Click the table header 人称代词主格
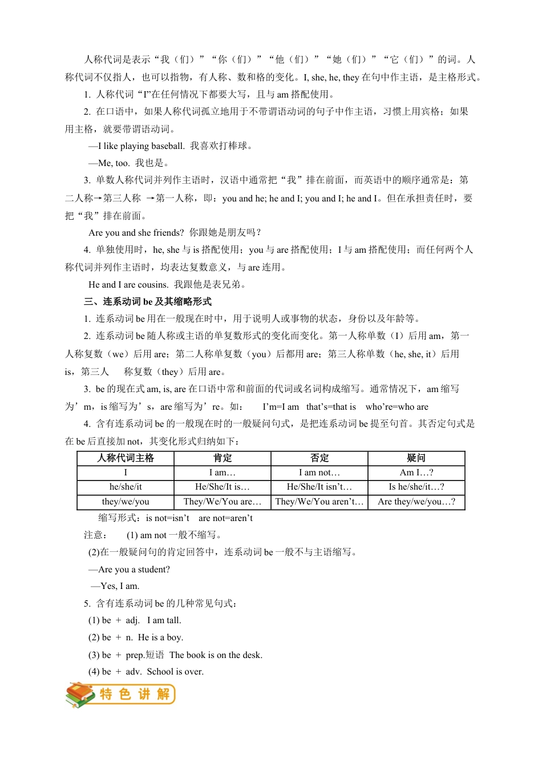tap(126, 458)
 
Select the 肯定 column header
tap(223, 458)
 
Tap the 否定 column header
tap(319, 458)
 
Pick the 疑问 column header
tap(416, 458)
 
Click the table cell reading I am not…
tap(319, 473)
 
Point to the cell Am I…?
tap(416, 473)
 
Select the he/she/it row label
tap(126, 487)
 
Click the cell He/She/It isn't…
tap(319, 487)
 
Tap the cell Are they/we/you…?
tap(416, 502)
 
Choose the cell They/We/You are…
tap(223, 502)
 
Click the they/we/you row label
tap(126, 502)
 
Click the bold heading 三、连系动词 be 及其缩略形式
tap(148, 301)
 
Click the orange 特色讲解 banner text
tap(135, 695)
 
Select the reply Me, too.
tap(114, 163)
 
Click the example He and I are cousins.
tap(128, 285)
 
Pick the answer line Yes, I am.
tap(119, 586)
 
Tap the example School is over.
tap(175, 672)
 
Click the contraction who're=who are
tap(397, 407)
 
